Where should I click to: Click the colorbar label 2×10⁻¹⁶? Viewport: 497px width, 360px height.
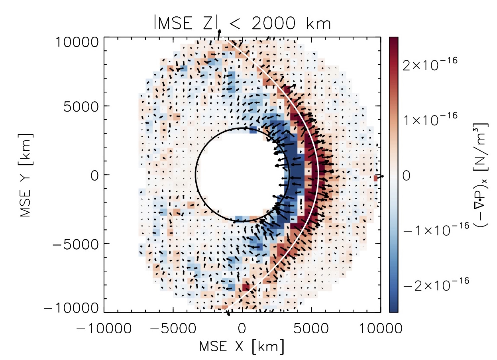(x=430, y=64)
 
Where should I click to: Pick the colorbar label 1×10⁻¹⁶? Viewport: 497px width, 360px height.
(x=430, y=118)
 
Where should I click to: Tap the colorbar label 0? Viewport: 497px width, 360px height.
(x=407, y=175)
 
